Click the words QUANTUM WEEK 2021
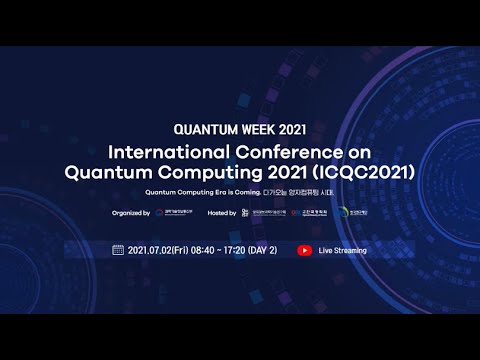(x=240, y=130)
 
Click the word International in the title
(x=166, y=152)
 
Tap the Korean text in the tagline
(x=299, y=191)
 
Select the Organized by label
(x=133, y=213)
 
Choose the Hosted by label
(x=221, y=213)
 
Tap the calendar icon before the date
(x=118, y=250)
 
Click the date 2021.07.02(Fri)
(x=161, y=250)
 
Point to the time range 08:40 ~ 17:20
(x=225, y=250)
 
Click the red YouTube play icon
(x=305, y=250)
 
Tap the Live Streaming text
(x=342, y=250)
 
